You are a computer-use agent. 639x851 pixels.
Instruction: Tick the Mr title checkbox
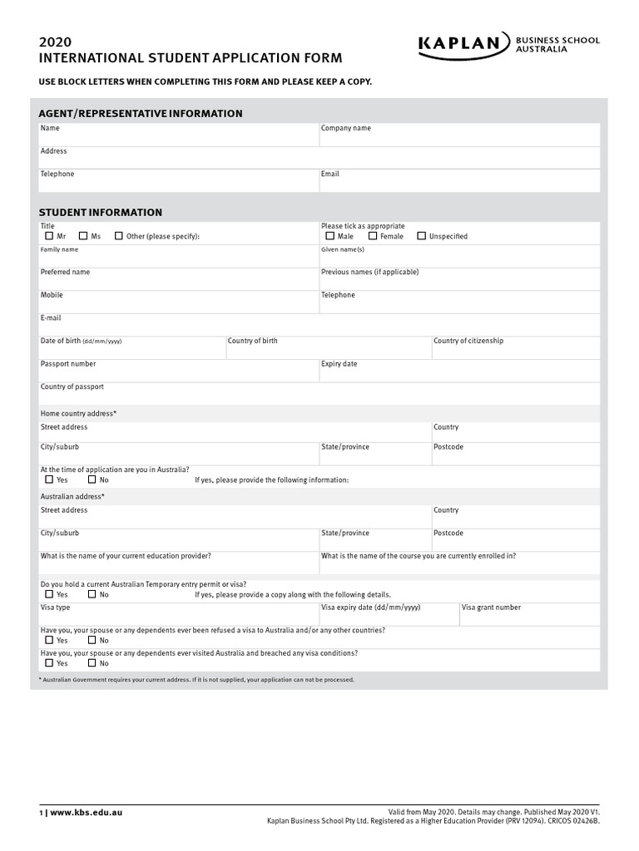pos(49,236)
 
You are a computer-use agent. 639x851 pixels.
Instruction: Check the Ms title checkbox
pos(83,236)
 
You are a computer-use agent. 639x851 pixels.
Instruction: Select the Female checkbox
pos(373,236)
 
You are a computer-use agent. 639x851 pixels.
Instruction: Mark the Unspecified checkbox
pos(421,236)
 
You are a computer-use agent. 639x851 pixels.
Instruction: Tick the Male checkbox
pos(330,236)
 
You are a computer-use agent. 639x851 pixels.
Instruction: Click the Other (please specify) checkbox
pos(119,236)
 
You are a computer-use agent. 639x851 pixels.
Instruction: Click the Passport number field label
pos(68,364)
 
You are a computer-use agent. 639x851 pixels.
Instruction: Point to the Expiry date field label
pos(339,364)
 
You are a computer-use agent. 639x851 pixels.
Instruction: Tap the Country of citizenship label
pos(468,341)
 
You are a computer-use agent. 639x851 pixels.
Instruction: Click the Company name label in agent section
pos(346,128)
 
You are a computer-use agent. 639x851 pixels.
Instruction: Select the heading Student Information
pos(101,213)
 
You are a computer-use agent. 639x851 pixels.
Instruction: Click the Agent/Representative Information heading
pos(141,113)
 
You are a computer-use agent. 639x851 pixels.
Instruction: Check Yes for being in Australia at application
pos(49,480)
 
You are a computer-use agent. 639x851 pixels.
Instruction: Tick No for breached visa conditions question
pos(92,663)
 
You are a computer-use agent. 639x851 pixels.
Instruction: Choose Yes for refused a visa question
pos(49,641)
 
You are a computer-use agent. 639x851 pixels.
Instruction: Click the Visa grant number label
pos(491,608)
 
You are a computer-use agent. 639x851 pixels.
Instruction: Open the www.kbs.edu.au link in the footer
pos(86,812)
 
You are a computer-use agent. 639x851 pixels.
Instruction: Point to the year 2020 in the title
pos(56,42)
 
